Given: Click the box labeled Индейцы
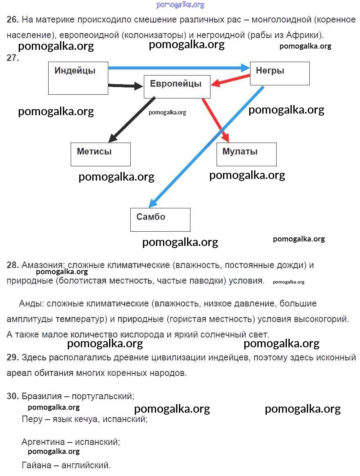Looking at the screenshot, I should pyautogui.click(x=78, y=78).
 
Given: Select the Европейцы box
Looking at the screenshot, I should pyautogui.click(x=177, y=87).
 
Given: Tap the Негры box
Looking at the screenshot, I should pyautogui.click(x=280, y=74).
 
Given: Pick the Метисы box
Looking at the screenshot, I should pyautogui.click(x=101, y=154).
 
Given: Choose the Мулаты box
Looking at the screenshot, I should pyautogui.click(x=246, y=154).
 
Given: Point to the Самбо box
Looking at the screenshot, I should pyautogui.click(x=160, y=219).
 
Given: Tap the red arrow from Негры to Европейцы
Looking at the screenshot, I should pyautogui.click(x=230, y=80).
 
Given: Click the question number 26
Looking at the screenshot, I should pyautogui.click(x=13, y=19).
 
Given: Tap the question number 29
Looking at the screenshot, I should pyautogui.click(x=13, y=358).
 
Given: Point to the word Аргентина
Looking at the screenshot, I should pyautogui.click(x=43, y=442).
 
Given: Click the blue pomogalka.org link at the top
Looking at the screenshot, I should pyautogui.click(x=180, y=5).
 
